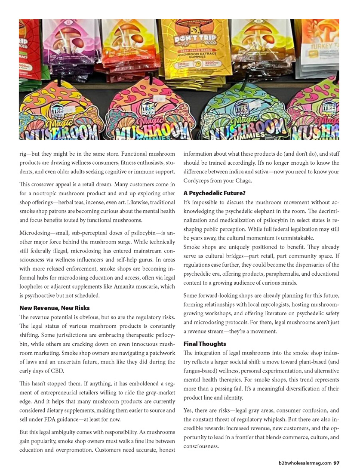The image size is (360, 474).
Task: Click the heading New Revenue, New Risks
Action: (55, 308)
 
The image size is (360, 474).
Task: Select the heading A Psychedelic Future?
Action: (215, 193)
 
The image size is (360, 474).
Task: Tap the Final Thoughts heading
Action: (205, 344)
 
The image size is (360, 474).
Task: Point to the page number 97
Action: (337, 463)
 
